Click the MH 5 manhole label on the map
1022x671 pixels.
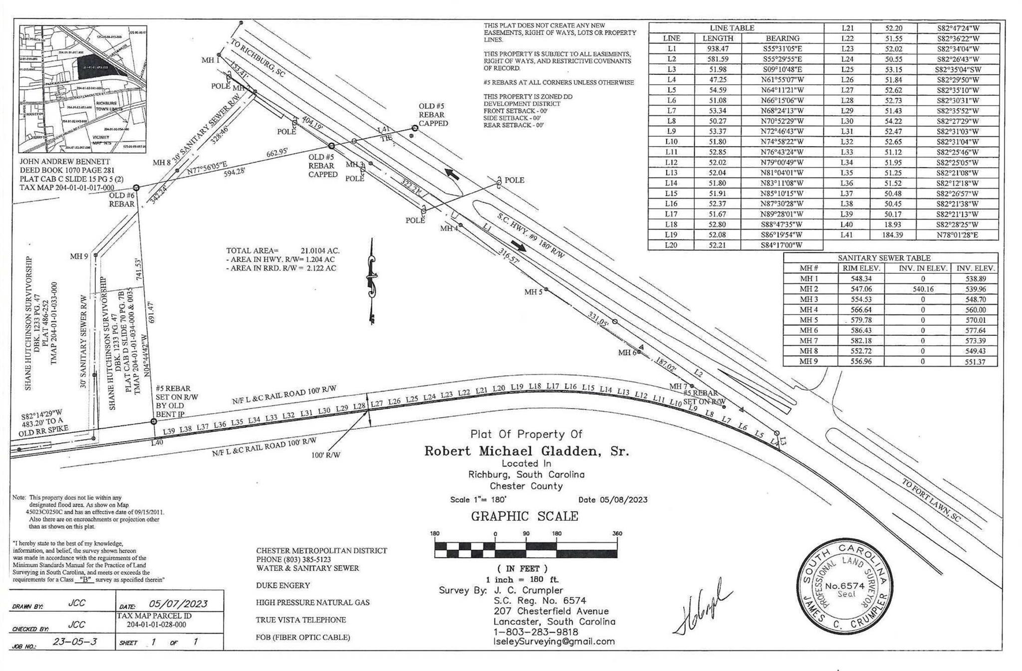coord(532,292)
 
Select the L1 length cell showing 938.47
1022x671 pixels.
coord(718,49)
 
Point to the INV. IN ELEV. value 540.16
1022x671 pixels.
coord(922,289)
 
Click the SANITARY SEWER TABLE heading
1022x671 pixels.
coord(884,258)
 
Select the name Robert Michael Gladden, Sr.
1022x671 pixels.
coord(526,451)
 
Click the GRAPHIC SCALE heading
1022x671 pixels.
coord(524,516)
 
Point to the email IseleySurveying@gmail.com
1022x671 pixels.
coord(554,642)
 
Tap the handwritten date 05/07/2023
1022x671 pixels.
coord(178,604)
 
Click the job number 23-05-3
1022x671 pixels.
coord(75,642)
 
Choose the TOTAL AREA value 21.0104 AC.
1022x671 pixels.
coord(319,251)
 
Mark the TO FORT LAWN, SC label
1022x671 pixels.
coord(931,507)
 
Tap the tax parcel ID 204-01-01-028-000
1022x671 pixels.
coord(156,624)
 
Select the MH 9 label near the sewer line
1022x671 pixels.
coord(79,256)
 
